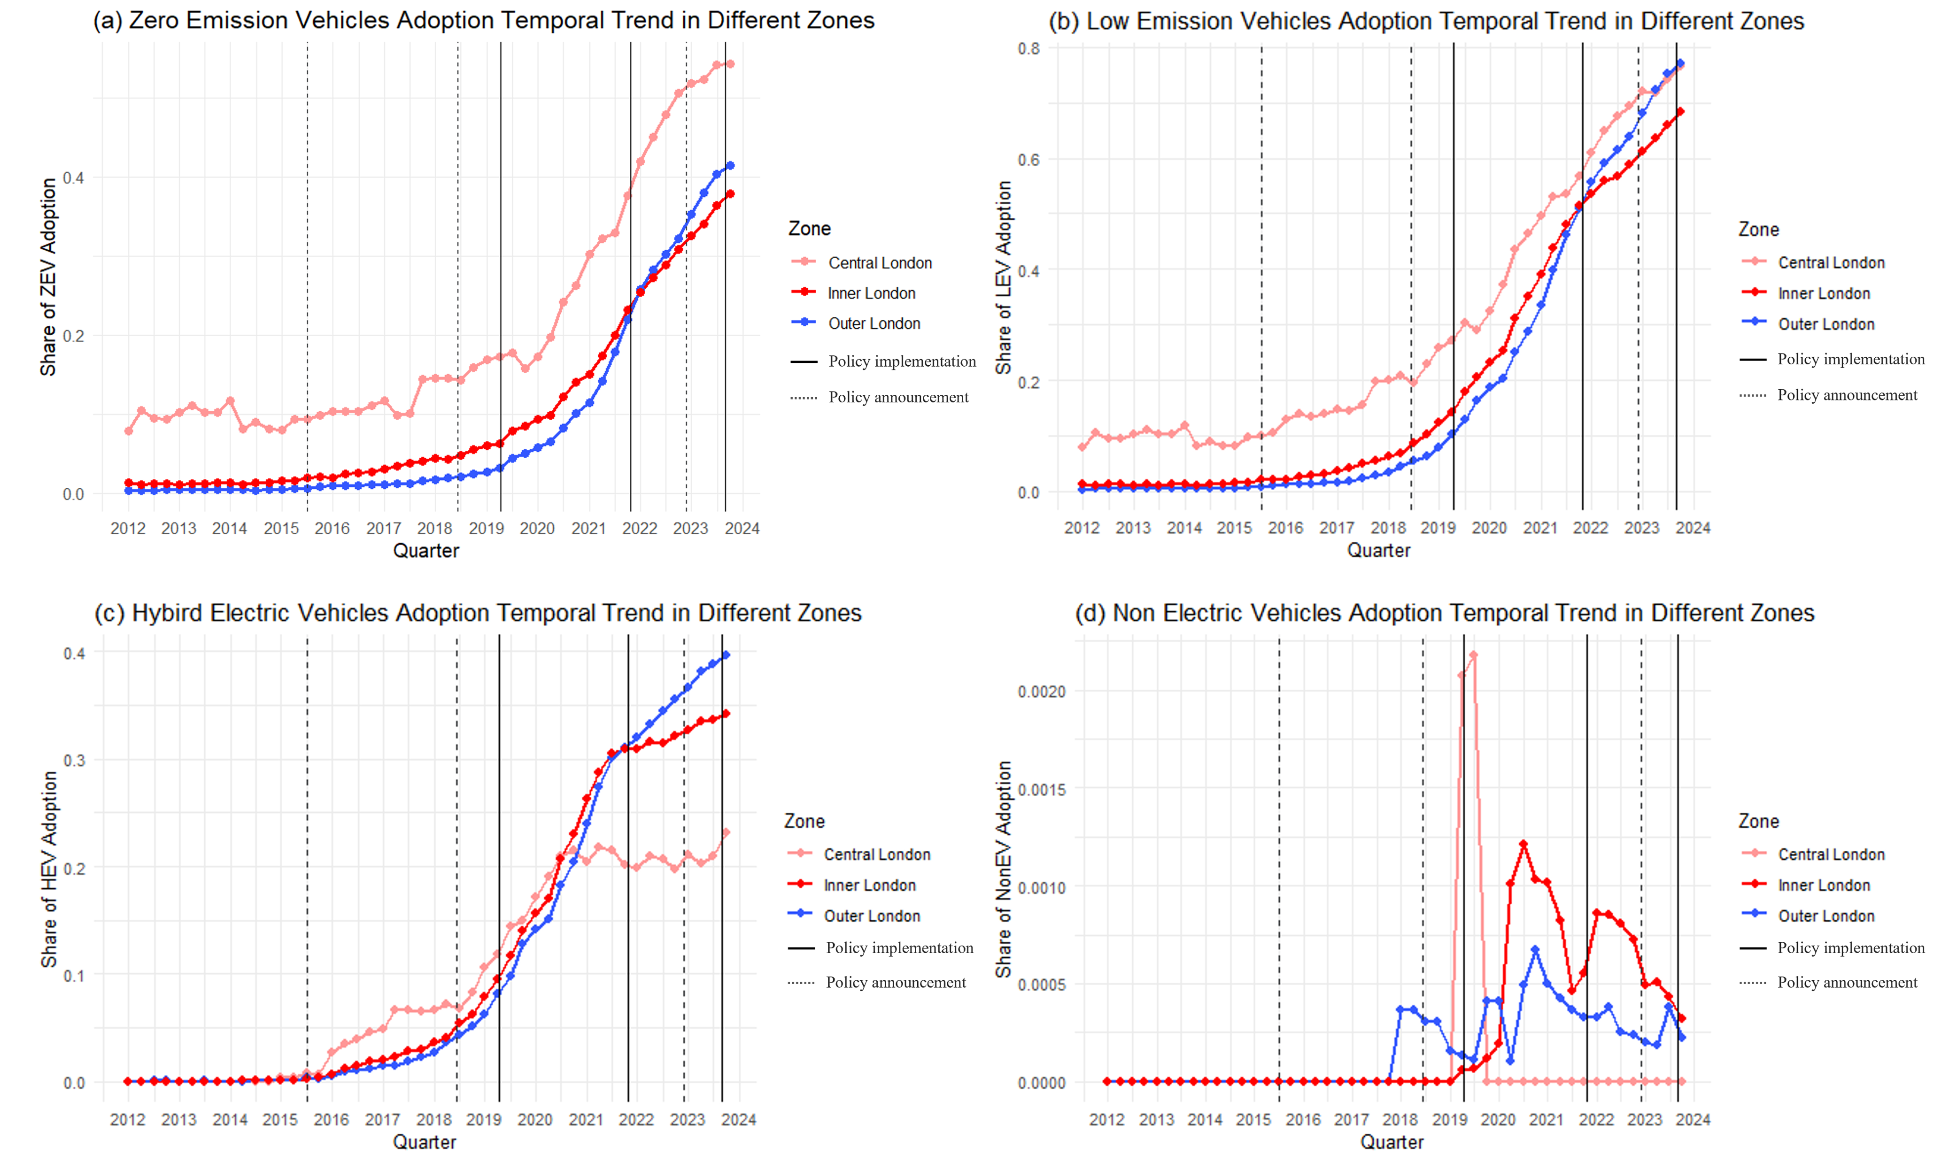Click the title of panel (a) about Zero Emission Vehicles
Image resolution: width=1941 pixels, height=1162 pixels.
[x=483, y=20]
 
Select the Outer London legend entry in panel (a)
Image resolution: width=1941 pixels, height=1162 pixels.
[x=874, y=323]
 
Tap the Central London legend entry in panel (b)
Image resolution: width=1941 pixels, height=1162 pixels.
[x=1831, y=262]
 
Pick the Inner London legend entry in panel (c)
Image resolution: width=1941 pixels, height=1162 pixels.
[x=869, y=885]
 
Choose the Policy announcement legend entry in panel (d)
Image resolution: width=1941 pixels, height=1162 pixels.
[x=1846, y=982]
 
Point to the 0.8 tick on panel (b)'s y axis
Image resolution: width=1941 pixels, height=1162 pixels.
[x=1028, y=48]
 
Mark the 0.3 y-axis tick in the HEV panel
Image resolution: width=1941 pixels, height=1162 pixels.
[x=74, y=760]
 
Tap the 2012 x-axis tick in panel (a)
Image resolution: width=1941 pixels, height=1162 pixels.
[x=128, y=529]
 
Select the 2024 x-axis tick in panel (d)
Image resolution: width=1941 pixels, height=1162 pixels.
[x=1692, y=1120]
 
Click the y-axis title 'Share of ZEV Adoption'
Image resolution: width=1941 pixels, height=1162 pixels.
[x=48, y=277]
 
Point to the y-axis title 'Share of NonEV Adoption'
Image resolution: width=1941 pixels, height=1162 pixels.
[x=1004, y=869]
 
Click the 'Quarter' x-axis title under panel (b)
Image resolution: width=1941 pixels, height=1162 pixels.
[x=1378, y=550]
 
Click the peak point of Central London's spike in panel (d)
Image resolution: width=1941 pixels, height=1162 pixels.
[x=1473, y=654]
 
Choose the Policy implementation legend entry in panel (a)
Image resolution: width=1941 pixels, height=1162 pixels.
[x=902, y=361]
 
